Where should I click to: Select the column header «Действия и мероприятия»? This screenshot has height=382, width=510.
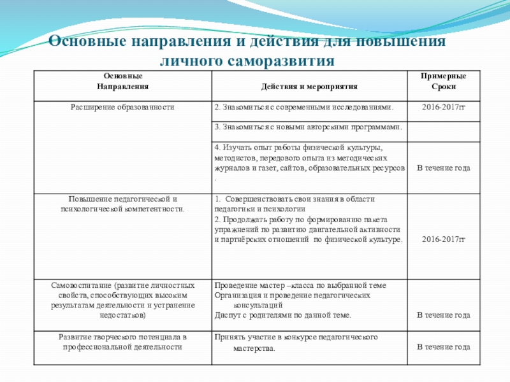click(x=309, y=86)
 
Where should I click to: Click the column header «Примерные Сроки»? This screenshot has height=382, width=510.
click(x=443, y=81)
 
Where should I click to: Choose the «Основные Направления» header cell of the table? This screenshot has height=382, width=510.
click(x=122, y=81)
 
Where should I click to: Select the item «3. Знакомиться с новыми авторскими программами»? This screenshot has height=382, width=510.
click(x=309, y=127)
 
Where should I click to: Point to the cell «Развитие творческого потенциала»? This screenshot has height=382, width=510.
click(x=122, y=342)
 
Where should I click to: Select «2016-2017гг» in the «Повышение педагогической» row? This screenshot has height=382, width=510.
click(x=443, y=240)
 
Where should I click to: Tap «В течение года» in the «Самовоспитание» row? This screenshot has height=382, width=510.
click(x=443, y=315)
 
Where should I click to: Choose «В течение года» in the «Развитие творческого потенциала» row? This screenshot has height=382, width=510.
click(x=443, y=347)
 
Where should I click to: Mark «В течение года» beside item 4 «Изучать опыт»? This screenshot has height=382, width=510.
click(x=443, y=168)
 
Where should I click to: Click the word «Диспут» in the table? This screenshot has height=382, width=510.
click(x=228, y=315)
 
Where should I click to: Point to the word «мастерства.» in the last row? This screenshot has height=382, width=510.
click(x=254, y=349)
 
